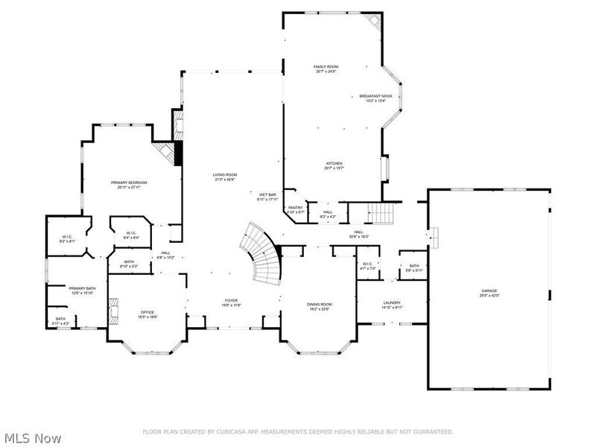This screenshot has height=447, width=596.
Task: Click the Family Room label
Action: pyautogui.click(x=326, y=67)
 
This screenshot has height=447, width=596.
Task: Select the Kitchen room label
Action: pyautogui.click(x=334, y=164)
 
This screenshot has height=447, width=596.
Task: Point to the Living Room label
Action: pyautogui.click(x=225, y=174)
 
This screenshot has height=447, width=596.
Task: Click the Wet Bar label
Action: pyautogui.click(x=267, y=194)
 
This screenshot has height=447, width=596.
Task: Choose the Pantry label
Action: pyautogui.click(x=296, y=208)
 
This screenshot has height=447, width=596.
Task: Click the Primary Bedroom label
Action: pyautogui.click(x=129, y=183)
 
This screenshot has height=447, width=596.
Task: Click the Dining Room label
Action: pyautogui.click(x=320, y=304)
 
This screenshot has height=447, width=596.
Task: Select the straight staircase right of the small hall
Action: pyautogui.click(x=381, y=215)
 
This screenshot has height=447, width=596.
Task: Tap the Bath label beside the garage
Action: pyautogui.click(x=413, y=266)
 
